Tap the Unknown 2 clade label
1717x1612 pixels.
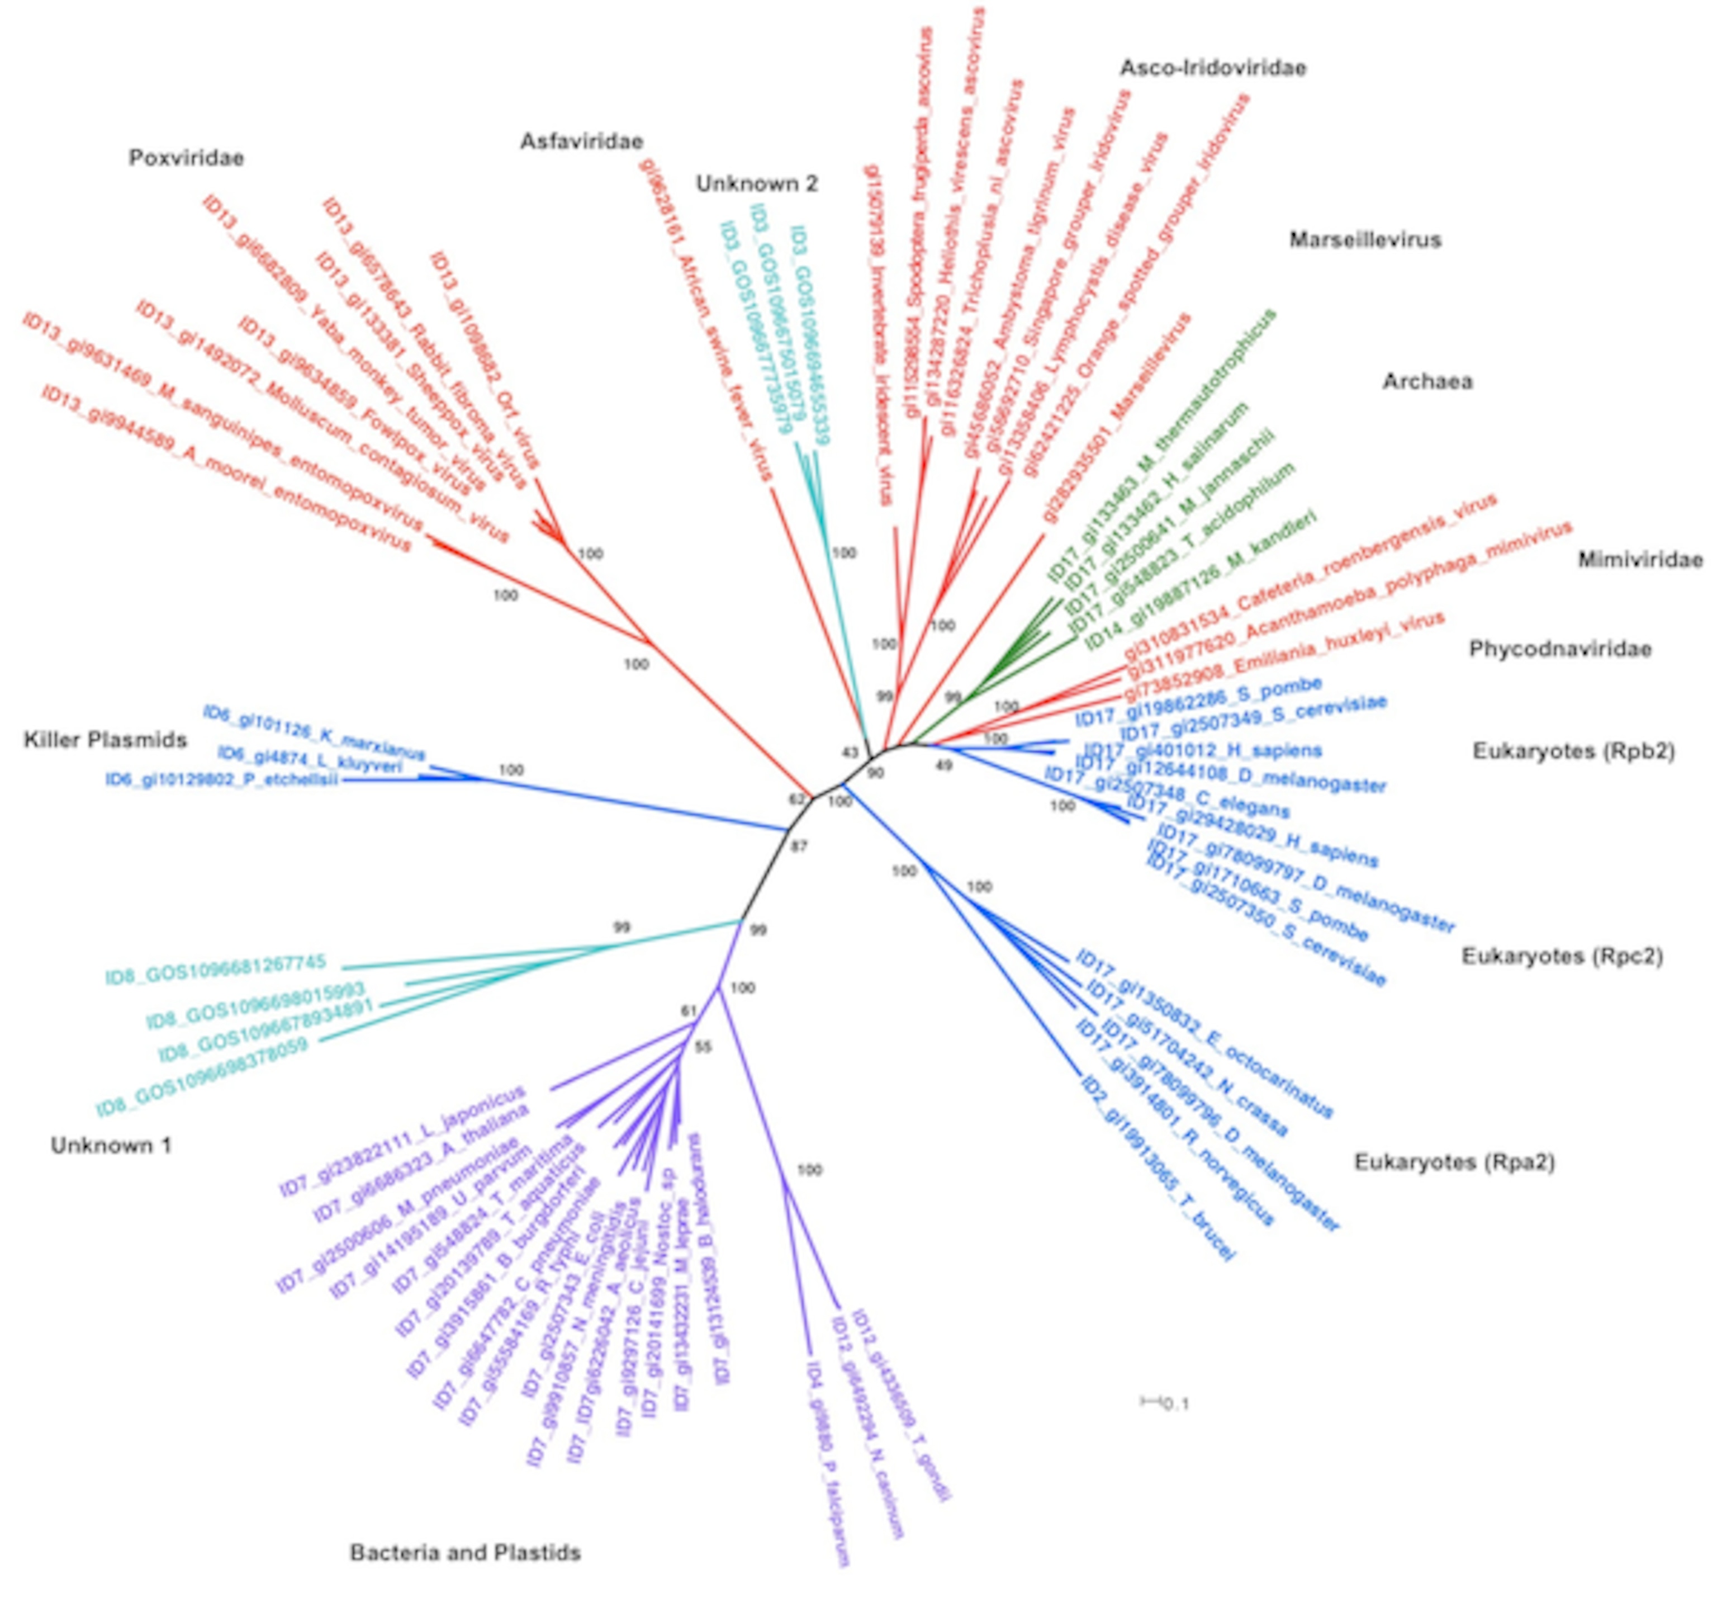coord(757,183)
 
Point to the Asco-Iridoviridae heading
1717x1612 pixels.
coord(1213,68)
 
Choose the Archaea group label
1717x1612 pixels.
coord(1427,381)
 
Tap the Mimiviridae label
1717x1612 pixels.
coord(1639,560)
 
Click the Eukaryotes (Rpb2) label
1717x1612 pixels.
coord(1573,751)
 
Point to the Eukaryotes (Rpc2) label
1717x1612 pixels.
coord(1562,956)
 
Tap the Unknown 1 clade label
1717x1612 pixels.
coord(111,1146)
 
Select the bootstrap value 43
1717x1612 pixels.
coord(850,753)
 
